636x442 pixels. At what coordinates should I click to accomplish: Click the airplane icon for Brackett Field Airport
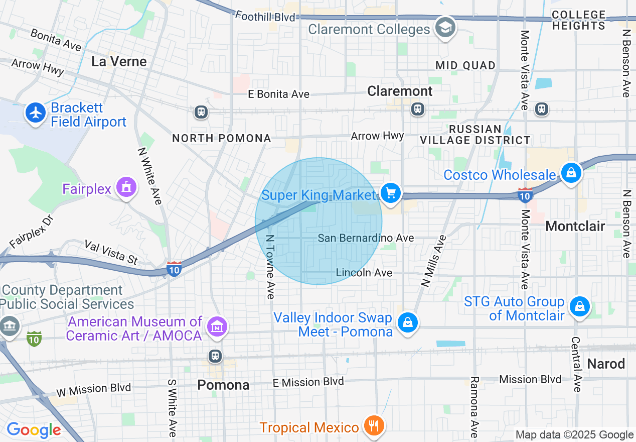36,113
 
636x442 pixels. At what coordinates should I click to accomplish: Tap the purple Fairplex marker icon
126,187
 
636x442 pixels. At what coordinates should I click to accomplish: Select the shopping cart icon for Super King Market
390,193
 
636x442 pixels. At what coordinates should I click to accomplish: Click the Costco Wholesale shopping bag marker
571,173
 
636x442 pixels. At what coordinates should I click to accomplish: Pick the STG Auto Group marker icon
579,306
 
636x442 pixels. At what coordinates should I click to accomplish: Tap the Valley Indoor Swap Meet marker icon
408,322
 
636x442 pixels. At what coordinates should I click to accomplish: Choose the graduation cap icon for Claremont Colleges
444,28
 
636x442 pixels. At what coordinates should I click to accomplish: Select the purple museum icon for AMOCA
217,327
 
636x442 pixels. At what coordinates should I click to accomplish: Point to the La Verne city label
119,62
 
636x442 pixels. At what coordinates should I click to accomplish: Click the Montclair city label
575,226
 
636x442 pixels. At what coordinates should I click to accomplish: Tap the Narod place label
606,364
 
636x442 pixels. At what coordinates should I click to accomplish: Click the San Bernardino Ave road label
366,238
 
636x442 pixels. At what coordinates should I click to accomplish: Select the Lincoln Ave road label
364,273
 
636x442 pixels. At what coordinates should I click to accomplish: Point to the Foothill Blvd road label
265,17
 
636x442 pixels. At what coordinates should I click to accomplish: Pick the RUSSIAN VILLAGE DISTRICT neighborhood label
475,135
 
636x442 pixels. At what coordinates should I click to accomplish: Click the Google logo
34,430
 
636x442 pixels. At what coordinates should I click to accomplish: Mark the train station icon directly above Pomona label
216,356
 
